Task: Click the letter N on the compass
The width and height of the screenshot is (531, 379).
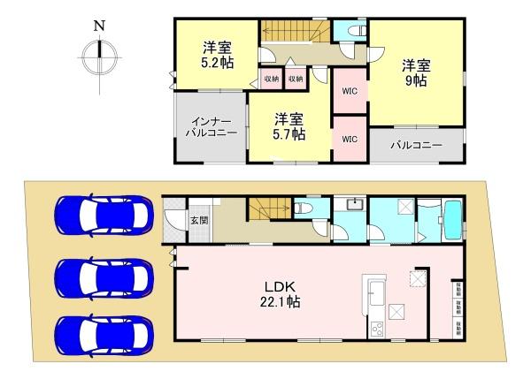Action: coord(99,27)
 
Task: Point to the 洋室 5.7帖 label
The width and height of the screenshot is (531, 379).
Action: coord(289,126)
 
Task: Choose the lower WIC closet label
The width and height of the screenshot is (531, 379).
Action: coord(348,139)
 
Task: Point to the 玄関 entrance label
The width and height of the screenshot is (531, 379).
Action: coord(199,220)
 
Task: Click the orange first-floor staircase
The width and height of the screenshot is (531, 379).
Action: coord(266,211)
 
